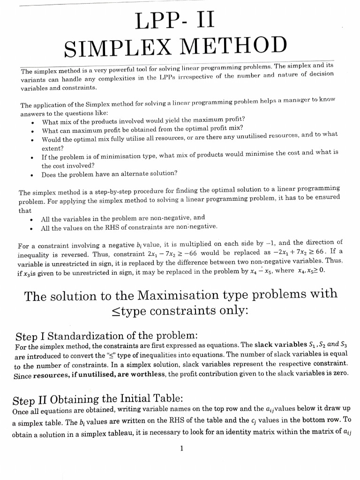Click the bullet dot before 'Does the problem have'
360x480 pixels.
[31, 174]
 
